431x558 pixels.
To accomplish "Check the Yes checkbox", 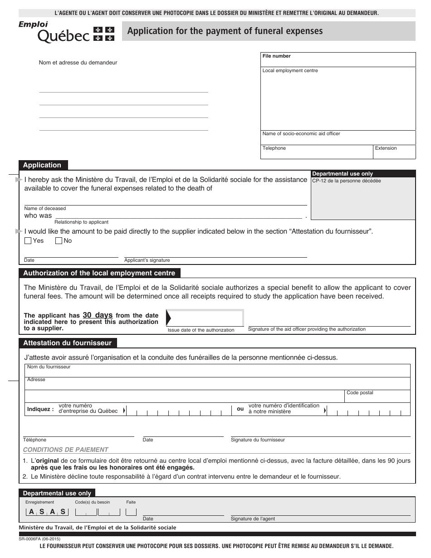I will pos(28,241).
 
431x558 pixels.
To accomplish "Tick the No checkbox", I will pos(59,241).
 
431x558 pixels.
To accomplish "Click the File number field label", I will pos(276,56).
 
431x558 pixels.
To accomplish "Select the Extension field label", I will pos(386,148).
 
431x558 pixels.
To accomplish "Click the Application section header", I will pos(42,165).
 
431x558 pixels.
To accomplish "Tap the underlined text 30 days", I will pos(98,315).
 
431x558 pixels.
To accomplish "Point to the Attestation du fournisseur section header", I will pos(67,343).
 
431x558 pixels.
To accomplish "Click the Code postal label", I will pos(360,393).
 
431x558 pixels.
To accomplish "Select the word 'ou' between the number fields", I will pos(240,409).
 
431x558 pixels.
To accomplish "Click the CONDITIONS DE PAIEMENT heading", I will pos(66,450).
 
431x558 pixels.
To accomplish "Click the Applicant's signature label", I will pos(147,260).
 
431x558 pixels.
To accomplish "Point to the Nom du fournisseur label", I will pos(49,367).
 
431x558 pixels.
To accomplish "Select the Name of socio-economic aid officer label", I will pos(301,134).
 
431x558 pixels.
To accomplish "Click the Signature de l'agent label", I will pos(253,519).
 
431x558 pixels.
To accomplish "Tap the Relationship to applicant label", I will pos(81,222).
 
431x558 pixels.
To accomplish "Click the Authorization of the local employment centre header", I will pos(99,273).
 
